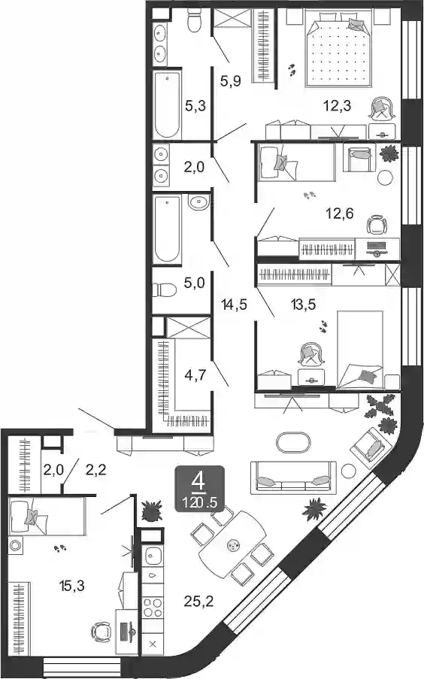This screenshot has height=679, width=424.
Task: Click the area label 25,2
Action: tap(198, 601)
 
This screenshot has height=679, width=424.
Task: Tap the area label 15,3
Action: tap(71, 586)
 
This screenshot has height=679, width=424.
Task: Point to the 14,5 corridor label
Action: tap(234, 305)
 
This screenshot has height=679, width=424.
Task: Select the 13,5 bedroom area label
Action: tap(303, 305)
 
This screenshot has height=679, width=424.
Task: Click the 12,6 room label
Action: tap(341, 213)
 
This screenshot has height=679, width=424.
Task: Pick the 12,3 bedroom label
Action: tap(337, 105)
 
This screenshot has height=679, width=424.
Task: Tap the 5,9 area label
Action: tap(230, 80)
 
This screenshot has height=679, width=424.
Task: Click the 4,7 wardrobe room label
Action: tap(195, 375)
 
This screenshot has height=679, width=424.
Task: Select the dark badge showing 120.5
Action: tap(200, 489)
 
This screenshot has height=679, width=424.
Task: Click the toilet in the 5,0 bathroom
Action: tap(165, 289)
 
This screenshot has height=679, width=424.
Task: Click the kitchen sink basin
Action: tap(153, 556)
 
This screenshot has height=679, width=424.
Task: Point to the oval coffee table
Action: tap(293, 443)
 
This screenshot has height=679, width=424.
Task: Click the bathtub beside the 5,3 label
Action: tap(167, 105)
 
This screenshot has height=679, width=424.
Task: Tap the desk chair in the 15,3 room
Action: tap(102, 632)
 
